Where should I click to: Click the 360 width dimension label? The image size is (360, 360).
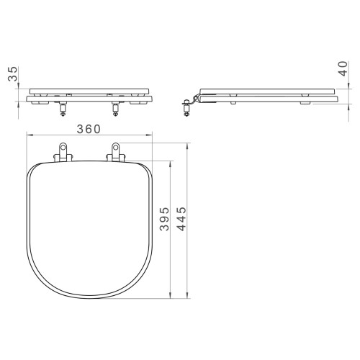pos(89,129)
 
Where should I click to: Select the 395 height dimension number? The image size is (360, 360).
pos(165,219)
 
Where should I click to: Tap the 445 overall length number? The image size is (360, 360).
pos(181,219)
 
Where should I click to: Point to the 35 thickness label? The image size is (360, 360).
pos(13,74)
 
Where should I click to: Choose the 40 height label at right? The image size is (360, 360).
pos(343,68)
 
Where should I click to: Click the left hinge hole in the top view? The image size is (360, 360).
pos(63,147)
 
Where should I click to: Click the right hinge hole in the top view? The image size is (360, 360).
pos(116,147)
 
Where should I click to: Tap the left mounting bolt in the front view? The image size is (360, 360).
pos(63,109)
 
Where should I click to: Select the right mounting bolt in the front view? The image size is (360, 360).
pos(115,109)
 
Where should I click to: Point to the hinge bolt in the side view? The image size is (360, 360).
pos(186,108)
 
